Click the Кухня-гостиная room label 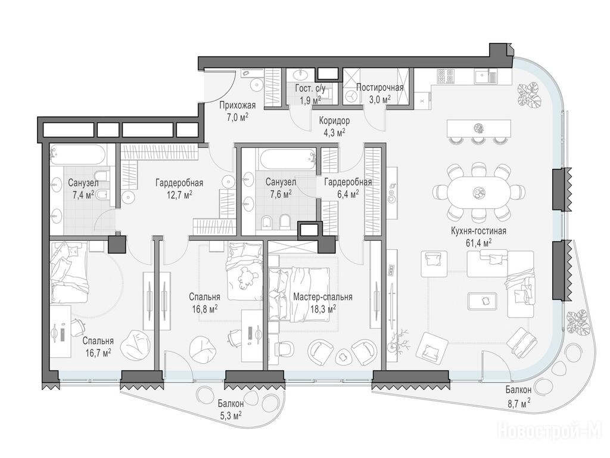[x=478, y=231]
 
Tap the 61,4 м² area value [x=478, y=243]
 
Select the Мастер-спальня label [x=323, y=297]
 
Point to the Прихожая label [x=237, y=105]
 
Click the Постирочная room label [x=379, y=87]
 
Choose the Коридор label [x=334, y=120]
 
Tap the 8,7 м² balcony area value [x=519, y=404]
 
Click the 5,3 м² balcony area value [x=231, y=416]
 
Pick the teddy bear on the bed [x=247, y=278]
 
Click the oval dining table [x=478, y=193]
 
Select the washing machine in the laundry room [x=351, y=96]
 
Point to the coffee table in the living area [x=483, y=301]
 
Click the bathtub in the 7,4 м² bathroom [x=79, y=155]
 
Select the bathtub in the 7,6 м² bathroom [x=287, y=159]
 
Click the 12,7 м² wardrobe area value [x=179, y=194]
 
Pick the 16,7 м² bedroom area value [x=98, y=353]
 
